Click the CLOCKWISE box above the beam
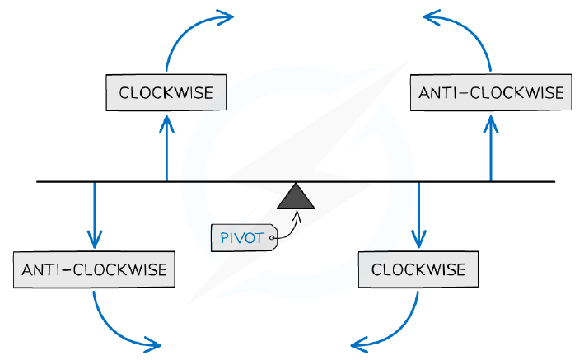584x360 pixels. (x=166, y=92)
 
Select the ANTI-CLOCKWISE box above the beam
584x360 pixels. (x=491, y=92)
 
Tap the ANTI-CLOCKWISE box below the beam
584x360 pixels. (x=94, y=269)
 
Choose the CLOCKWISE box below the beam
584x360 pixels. (x=418, y=269)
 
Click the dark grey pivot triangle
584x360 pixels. (x=296, y=198)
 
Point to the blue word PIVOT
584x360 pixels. (x=242, y=238)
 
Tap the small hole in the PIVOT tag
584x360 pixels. (x=272, y=238)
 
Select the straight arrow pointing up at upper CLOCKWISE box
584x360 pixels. (x=166, y=148)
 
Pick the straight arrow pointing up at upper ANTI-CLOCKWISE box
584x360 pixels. (x=491, y=148)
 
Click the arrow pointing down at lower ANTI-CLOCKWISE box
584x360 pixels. (x=95, y=215)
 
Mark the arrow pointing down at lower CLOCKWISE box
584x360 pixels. (x=418, y=215)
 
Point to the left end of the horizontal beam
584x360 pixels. (x=37, y=182)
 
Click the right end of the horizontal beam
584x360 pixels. (x=555, y=182)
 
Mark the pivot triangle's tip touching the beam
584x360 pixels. (x=296, y=183)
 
